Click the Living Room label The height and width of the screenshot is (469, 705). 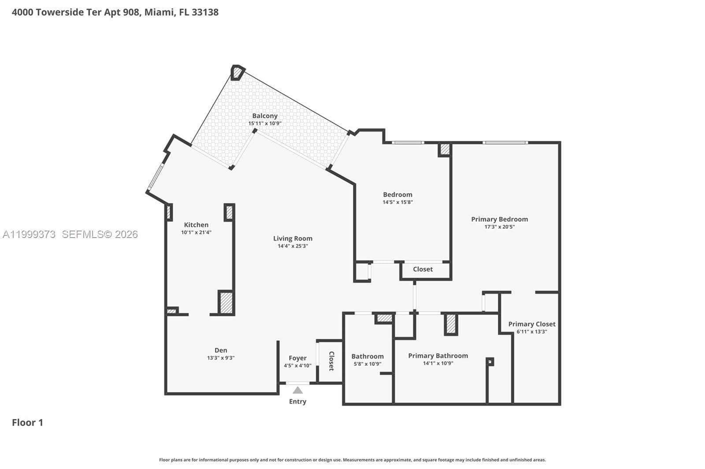click(293, 238)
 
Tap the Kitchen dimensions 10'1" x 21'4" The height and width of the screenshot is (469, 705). click(196, 232)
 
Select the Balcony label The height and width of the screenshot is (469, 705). click(265, 116)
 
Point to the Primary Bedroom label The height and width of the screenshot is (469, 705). click(499, 219)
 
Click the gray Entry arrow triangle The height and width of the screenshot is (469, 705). click(298, 390)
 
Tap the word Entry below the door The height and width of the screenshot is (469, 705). click(297, 401)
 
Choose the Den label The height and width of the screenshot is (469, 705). click(221, 350)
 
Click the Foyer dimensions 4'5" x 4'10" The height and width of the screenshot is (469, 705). click(297, 366)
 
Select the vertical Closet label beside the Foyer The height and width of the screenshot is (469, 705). click(331, 361)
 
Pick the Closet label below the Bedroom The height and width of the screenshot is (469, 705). click(423, 269)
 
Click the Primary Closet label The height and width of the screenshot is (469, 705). click(531, 324)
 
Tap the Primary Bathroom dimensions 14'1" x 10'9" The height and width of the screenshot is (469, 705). click(438, 363)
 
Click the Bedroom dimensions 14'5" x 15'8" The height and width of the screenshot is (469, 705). click(397, 202)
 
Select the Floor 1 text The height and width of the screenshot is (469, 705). click(27, 422)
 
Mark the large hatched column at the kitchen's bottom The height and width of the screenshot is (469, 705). click(226, 303)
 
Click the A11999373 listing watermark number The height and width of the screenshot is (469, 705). click(29, 234)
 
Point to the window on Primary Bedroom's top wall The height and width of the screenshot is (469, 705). click(505, 143)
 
